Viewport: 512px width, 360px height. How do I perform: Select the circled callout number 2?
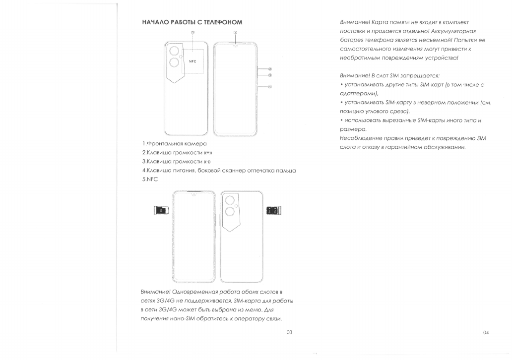[270, 69]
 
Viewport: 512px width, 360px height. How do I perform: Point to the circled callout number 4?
[270, 87]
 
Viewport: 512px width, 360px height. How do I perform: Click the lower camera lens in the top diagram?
[174, 62]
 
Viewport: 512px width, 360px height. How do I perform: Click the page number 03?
[289, 332]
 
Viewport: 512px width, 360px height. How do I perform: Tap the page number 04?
[486, 332]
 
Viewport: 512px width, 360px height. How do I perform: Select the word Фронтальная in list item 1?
[167, 144]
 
